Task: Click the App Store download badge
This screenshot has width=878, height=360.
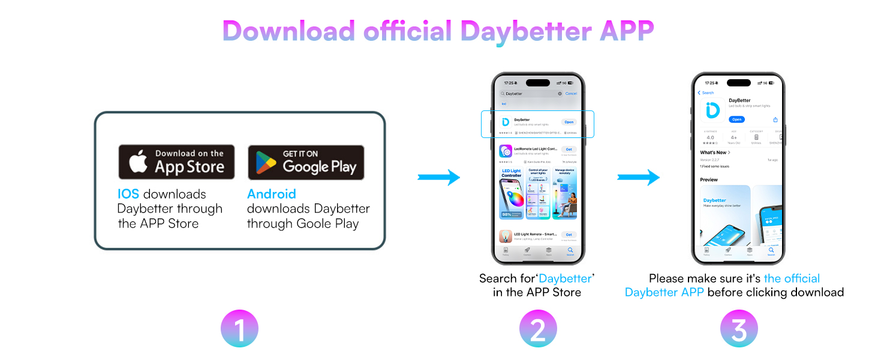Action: point(176,161)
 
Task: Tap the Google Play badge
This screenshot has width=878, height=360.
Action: point(306,162)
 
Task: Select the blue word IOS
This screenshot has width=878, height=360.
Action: point(129,194)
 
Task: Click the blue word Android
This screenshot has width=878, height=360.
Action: point(272,194)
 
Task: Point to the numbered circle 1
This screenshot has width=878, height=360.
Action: point(239,328)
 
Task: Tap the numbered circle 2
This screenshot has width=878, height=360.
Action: point(538,328)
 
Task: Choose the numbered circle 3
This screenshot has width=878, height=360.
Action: point(739,328)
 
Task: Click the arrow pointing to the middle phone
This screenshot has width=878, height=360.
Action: point(438,178)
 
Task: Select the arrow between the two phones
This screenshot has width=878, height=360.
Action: point(638,178)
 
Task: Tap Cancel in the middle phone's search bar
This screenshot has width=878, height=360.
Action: point(571,94)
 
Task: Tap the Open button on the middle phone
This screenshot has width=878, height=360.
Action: point(569,122)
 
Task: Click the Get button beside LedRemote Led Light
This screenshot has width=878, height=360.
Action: point(569,149)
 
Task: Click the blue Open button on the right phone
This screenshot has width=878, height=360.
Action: point(737,119)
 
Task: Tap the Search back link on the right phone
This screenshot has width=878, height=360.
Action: point(706,93)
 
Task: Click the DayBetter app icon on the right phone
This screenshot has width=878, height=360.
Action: point(712,110)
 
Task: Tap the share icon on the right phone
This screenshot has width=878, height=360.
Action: point(775,119)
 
